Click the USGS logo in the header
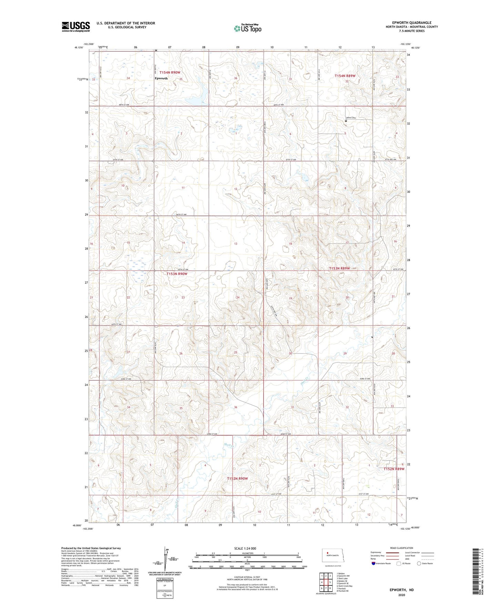tap(75, 26)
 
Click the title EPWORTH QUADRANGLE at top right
tap(411, 23)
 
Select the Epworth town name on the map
tap(161, 78)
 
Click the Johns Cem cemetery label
tap(350, 118)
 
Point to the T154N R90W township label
tap(170, 72)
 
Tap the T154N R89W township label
tap(345, 76)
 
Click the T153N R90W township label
tap(177, 274)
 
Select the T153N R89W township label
tap(339, 268)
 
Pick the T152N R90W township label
tap(237, 479)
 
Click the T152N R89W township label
tap(394, 469)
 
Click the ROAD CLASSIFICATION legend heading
tap(402, 548)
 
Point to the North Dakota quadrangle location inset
tap(332, 556)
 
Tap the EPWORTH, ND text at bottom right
tap(402, 590)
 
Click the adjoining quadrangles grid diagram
tap(326, 582)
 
